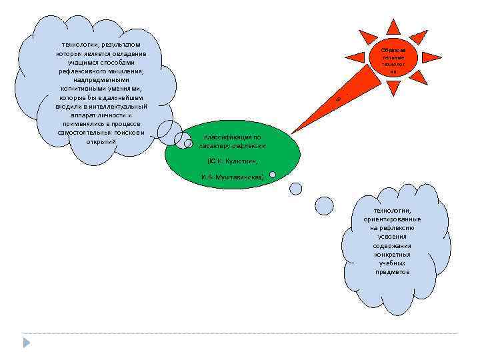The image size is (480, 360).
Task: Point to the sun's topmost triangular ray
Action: [393, 27]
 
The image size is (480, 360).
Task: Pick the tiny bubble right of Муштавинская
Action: [273, 175]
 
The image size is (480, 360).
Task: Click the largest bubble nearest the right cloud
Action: [324, 206]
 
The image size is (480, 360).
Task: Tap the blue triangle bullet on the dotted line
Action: [27, 341]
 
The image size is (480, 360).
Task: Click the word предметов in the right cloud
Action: [392, 271]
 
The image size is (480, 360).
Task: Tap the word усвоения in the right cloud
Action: [392, 236]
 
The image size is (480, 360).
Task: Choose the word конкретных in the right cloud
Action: [392, 254]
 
